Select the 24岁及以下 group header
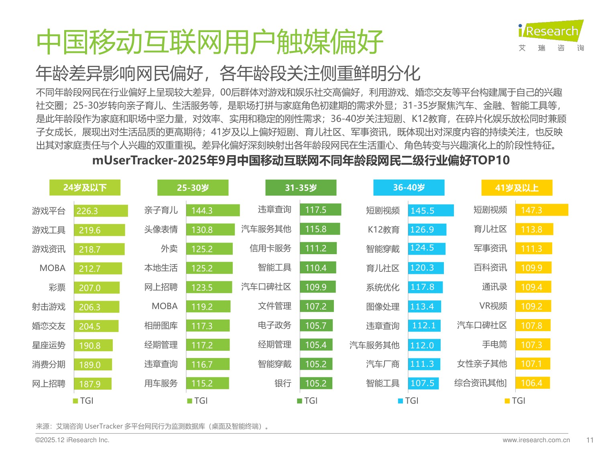click(85, 188)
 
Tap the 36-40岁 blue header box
click(409, 188)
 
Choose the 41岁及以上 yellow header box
click(517, 188)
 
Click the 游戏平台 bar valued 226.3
click(101, 211)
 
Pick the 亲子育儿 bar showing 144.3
click(213, 210)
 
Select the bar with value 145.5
click(431, 210)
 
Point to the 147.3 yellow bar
click(541, 210)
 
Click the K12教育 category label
click(384, 230)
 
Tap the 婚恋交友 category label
click(49, 326)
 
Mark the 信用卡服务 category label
click(270, 249)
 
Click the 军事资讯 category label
click(490, 249)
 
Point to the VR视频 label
click(493, 306)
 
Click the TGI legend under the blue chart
click(408, 401)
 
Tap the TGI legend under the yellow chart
click(515, 401)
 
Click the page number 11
click(590, 440)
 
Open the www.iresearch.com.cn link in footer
click(536, 440)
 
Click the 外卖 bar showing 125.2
click(209, 249)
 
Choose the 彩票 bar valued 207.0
click(96, 288)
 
